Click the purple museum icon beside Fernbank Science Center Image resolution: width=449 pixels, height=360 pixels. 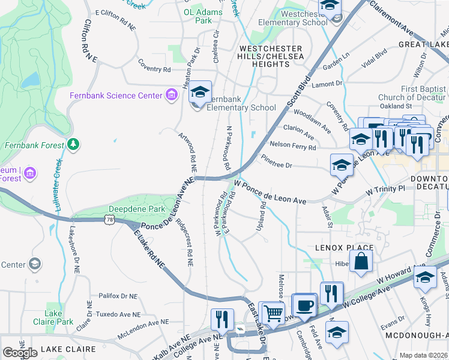[172, 95]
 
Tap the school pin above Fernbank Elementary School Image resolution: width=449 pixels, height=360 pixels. [200, 92]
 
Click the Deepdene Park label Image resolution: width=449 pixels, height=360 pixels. [128, 209]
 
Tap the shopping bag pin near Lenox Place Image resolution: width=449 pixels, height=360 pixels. [361, 261]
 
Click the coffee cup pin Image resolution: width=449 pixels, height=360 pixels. [305, 304]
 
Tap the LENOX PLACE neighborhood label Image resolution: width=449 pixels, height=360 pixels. [345, 247]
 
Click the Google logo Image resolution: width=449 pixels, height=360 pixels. [20, 353]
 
